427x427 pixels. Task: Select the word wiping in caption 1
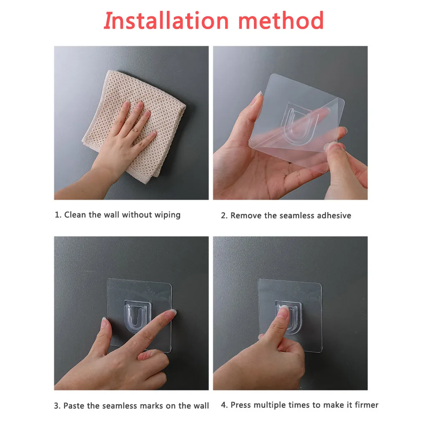click(168, 216)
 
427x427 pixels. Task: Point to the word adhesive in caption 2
click(334, 216)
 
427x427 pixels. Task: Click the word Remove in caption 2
click(246, 216)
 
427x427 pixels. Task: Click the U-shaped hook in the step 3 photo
click(137, 316)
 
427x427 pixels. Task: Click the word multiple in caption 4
click(270, 405)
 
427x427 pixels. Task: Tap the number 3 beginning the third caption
click(56, 406)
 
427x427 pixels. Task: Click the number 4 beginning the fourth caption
click(224, 405)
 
